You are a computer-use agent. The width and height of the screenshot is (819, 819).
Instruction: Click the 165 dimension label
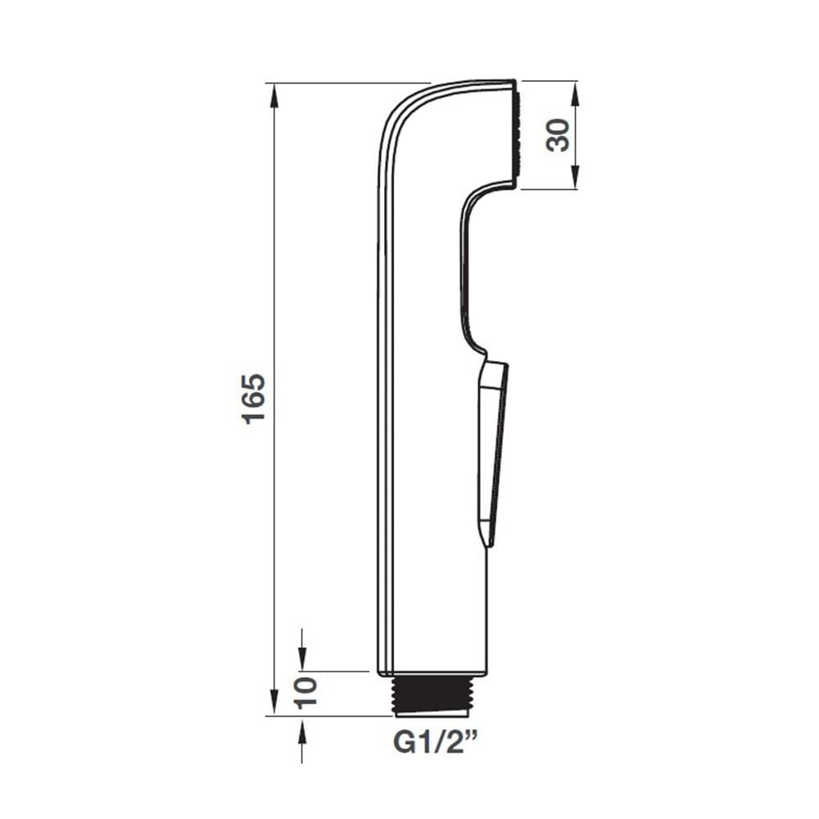(x=255, y=399)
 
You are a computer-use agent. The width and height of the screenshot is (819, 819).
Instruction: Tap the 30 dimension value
(x=558, y=135)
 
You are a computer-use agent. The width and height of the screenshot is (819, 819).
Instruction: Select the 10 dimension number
(x=306, y=693)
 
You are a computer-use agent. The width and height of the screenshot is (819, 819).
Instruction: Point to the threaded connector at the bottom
(x=433, y=696)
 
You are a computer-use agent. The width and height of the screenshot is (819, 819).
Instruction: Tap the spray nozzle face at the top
(x=515, y=135)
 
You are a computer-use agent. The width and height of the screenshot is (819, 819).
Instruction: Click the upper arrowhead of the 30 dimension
(x=574, y=94)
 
